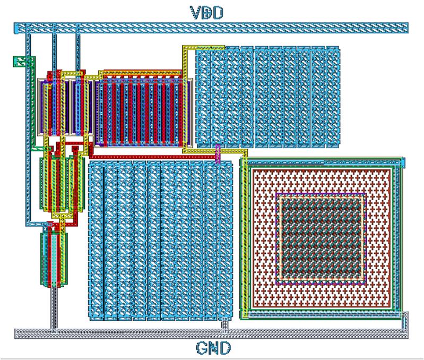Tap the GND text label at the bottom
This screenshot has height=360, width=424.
(212, 348)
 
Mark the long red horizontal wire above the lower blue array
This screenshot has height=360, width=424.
(154, 157)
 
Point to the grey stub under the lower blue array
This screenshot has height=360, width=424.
(224, 324)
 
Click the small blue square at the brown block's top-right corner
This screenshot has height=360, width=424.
(402, 161)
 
